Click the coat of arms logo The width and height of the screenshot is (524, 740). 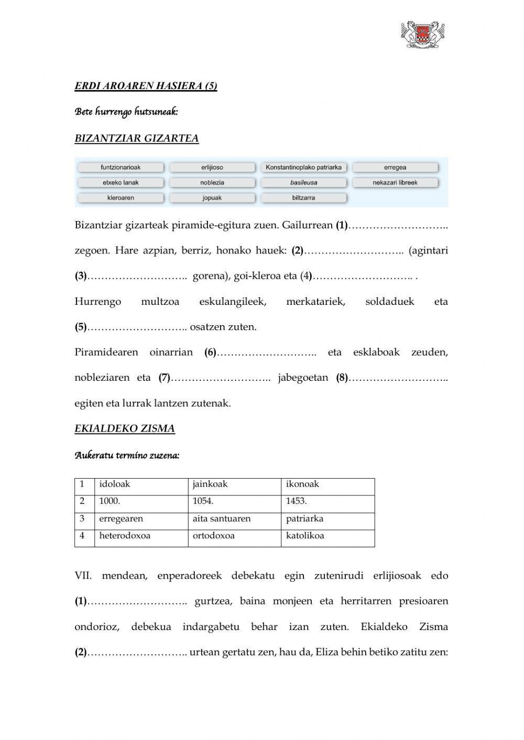pyautogui.click(x=422, y=35)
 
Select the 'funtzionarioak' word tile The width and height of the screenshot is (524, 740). pyautogui.click(x=121, y=168)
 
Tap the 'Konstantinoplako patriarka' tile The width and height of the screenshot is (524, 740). pyautogui.click(x=303, y=168)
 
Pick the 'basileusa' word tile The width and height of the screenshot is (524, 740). pyautogui.click(x=303, y=183)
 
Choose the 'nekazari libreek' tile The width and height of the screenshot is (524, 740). pyautogui.click(x=395, y=183)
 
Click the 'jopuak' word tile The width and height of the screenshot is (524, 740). pyautogui.click(x=212, y=198)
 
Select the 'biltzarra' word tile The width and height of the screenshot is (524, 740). pyautogui.click(x=303, y=198)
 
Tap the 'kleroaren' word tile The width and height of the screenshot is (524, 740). pyautogui.click(x=121, y=198)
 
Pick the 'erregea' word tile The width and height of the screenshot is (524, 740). pyautogui.click(x=395, y=168)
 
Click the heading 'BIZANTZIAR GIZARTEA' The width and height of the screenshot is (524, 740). pyautogui.click(x=137, y=138)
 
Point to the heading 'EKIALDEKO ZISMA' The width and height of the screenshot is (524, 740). pyautogui.click(x=125, y=428)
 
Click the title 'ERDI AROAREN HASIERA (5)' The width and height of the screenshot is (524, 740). pyautogui.click(x=146, y=86)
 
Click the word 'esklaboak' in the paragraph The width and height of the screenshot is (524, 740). pyautogui.click(x=376, y=352)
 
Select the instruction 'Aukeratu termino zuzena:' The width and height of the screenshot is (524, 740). pyautogui.click(x=127, y=455)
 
